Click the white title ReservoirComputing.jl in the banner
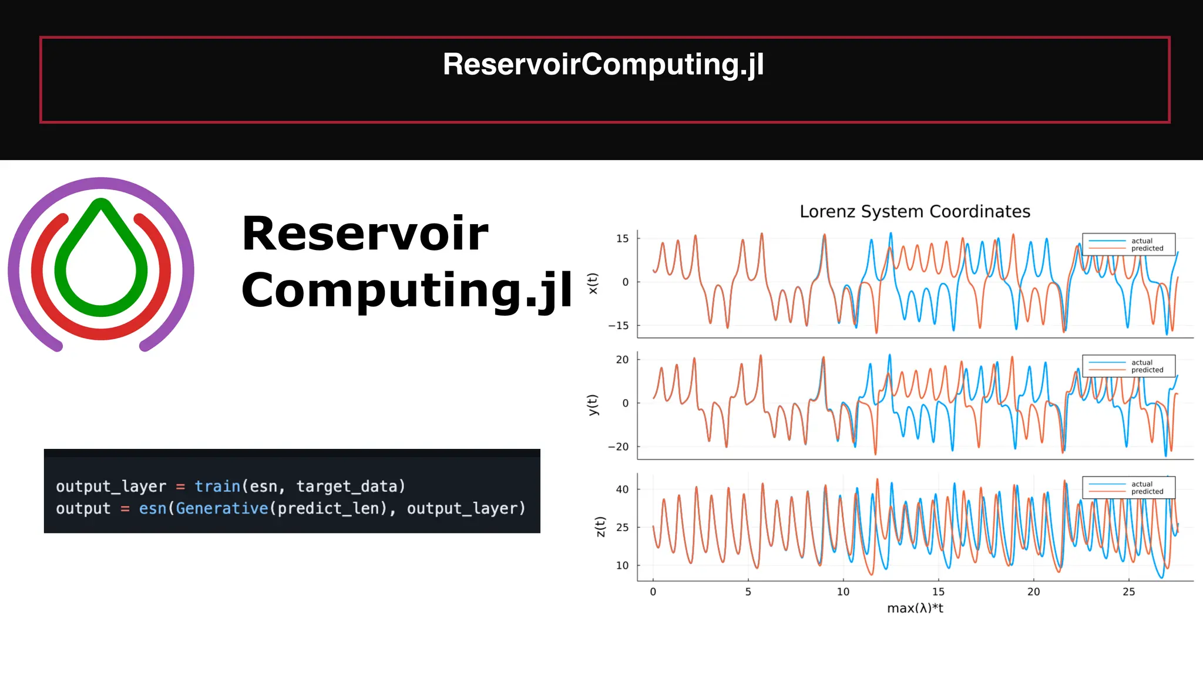pos(603,65)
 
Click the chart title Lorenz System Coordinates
pos(915,212)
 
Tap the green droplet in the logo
pos(101,258)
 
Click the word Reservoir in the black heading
pos(365,234)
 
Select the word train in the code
pos(217,486)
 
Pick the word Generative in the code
pos(222,508)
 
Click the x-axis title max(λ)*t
pos(915,608)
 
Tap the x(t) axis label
pos(593,283)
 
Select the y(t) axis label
pos(593,405)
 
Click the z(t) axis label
pos(600,526)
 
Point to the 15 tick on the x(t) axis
pos(622,239)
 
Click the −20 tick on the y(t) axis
pos(618,447)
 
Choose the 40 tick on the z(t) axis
pos(622,489)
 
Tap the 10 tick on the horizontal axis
pos(843,592)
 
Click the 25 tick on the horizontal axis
pos(1128,592)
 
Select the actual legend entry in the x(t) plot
pos(1141,241)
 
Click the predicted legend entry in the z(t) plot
pos(1147,492)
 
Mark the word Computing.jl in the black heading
pos(406,290)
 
